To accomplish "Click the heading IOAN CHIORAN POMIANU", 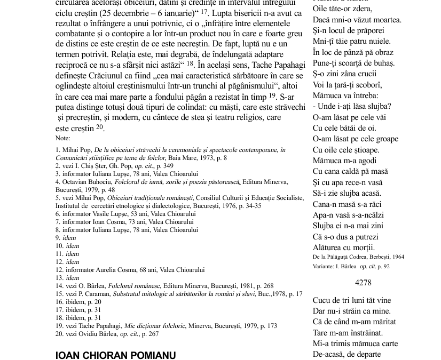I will point(115,355).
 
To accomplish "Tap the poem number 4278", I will point(363,283).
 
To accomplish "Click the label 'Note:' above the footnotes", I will point(62,138).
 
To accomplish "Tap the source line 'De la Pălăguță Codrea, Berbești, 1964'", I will point(358,257).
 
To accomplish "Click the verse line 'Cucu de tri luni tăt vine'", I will point(352,300).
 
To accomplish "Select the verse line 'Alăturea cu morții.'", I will point(344,247).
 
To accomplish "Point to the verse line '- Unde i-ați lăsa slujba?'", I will point(352,106).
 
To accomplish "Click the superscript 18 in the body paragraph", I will point(190,63).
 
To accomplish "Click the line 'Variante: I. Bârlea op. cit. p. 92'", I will point(351,266).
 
